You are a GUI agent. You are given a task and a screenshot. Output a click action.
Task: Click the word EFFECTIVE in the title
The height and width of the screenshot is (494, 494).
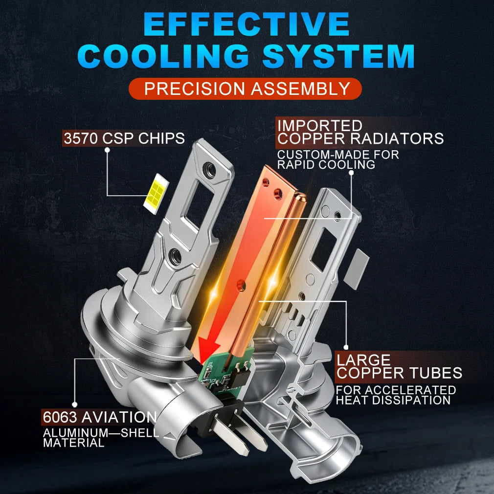tap(247, 25)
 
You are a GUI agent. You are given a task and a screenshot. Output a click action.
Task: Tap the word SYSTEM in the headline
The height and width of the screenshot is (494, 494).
tap(338, 56)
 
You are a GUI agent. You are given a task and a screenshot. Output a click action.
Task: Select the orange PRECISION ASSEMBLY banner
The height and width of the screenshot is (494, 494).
tap(245, 89)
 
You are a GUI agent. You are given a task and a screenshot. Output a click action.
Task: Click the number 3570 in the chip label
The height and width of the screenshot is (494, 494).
tap(81, 138)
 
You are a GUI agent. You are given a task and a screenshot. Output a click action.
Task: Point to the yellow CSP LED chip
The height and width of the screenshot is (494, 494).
tap(156, 193)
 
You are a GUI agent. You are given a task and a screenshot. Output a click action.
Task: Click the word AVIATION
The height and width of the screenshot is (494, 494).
tap(119, 417)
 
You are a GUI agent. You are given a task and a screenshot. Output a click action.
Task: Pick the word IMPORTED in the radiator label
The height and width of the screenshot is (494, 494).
tap(320, 125)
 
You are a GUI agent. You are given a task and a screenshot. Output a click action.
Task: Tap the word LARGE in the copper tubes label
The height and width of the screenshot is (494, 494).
tap(363, 360)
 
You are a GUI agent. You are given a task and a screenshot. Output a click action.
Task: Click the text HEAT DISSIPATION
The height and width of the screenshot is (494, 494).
tap(393, 400)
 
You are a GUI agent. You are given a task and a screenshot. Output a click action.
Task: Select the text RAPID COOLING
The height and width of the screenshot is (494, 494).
tap(326, 164)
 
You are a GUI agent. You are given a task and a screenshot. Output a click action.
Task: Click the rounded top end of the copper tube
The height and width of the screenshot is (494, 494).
tap(300, 198)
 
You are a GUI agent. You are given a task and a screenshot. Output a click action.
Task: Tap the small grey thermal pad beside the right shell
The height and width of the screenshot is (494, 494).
tap(356, 269)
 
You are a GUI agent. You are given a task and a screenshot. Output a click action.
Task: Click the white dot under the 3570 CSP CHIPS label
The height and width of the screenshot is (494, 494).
tap(107, 150)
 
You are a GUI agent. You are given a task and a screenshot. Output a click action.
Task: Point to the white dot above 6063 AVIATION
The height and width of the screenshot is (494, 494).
tap(75, 404)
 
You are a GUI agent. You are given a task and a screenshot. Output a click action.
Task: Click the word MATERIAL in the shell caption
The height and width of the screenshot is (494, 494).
tap(73, 443)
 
